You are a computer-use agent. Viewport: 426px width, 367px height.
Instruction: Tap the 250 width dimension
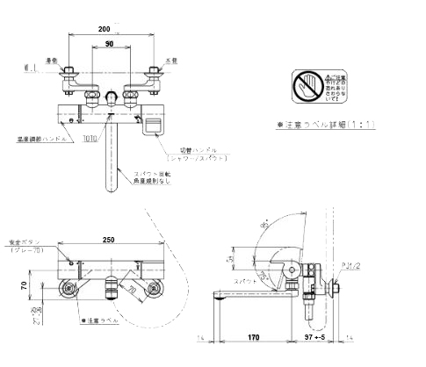click(x=110, y=240)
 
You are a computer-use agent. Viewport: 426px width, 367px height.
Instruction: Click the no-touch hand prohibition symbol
click(x=304, y=85)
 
